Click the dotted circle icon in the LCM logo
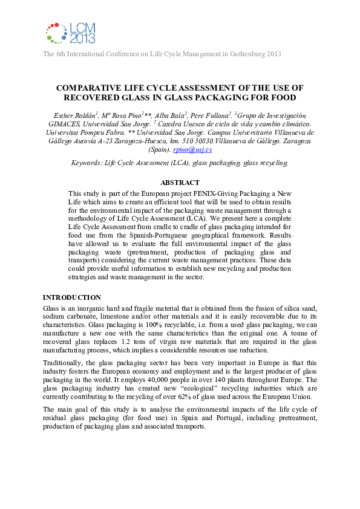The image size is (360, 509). point(56,33)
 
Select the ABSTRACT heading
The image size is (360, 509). point(180,183)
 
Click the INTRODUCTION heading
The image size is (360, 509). point(71,297)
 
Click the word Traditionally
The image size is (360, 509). point(64,361)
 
